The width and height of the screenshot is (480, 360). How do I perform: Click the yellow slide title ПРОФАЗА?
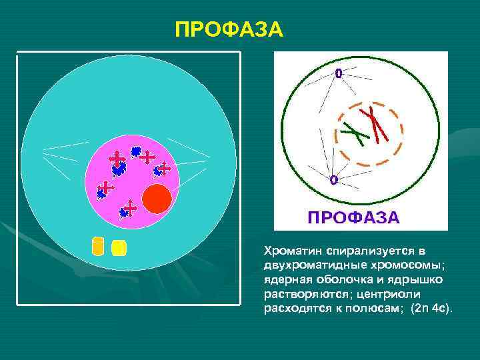tap(229, 30)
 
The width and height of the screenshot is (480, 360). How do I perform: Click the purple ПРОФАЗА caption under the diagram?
tap(353, 217)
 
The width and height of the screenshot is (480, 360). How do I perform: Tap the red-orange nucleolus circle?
tap(158, 199)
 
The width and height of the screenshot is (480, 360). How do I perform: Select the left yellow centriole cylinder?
tap(98, 246)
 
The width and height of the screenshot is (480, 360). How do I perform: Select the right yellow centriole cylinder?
tap(119, 248)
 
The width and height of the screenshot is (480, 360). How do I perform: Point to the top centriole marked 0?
tap(338, 74)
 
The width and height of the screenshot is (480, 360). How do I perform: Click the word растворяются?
tap(298, 294)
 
